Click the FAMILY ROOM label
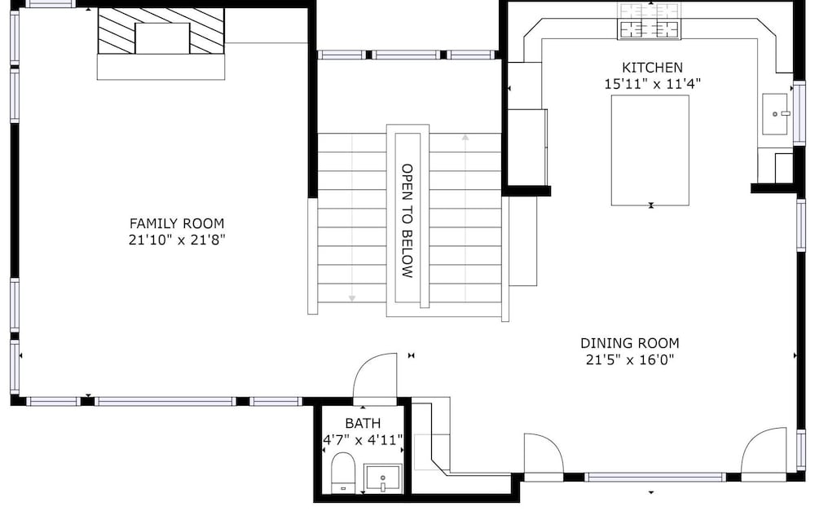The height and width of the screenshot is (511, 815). point(177,223)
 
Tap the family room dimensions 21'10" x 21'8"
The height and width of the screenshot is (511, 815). point(177,240)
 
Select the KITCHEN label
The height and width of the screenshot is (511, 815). point(652,68)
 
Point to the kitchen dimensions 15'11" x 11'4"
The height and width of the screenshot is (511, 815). point(652,84)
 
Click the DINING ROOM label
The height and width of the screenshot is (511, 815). point(629,343)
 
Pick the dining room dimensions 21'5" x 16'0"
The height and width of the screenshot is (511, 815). point(629,359)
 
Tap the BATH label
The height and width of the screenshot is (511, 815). point(363,423)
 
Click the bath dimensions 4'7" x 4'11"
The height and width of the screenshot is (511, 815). point(363,440)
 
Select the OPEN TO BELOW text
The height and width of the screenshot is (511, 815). point(407,220)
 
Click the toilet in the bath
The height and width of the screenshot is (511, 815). point(342,472)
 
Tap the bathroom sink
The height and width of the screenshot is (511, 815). point(382,478)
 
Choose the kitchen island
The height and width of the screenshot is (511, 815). point(650,150)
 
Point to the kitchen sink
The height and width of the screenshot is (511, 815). point(777,113)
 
